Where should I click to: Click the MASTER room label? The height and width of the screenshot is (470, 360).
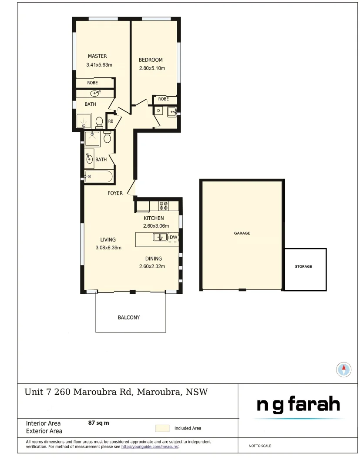[97, 56]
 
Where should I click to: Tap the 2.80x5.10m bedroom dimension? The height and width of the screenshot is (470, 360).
[152, 68]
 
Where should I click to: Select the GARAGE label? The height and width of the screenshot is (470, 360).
[242, 233]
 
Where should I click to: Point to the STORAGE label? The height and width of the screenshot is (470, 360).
[303, 266]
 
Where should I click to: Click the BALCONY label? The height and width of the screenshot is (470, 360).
[129, 318]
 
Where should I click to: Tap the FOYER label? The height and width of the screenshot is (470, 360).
[115, 193]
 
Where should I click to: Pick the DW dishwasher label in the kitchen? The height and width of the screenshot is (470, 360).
[173, 237]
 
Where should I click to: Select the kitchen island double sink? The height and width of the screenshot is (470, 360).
[160, 237]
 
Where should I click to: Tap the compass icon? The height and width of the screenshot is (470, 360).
[344, 369]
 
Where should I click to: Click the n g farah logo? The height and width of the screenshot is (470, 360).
[298, 405]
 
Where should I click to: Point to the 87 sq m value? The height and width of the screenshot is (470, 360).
[98, 423]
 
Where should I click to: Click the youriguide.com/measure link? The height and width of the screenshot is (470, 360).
[150, 446]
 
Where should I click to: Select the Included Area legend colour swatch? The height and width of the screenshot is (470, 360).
[162, 428]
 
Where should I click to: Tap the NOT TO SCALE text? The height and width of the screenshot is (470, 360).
[260, 446]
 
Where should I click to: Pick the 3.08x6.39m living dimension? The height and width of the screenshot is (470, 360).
[108, 248]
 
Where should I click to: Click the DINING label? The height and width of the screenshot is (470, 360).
[154, 258]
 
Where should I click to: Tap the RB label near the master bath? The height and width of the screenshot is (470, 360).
[111, 121]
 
